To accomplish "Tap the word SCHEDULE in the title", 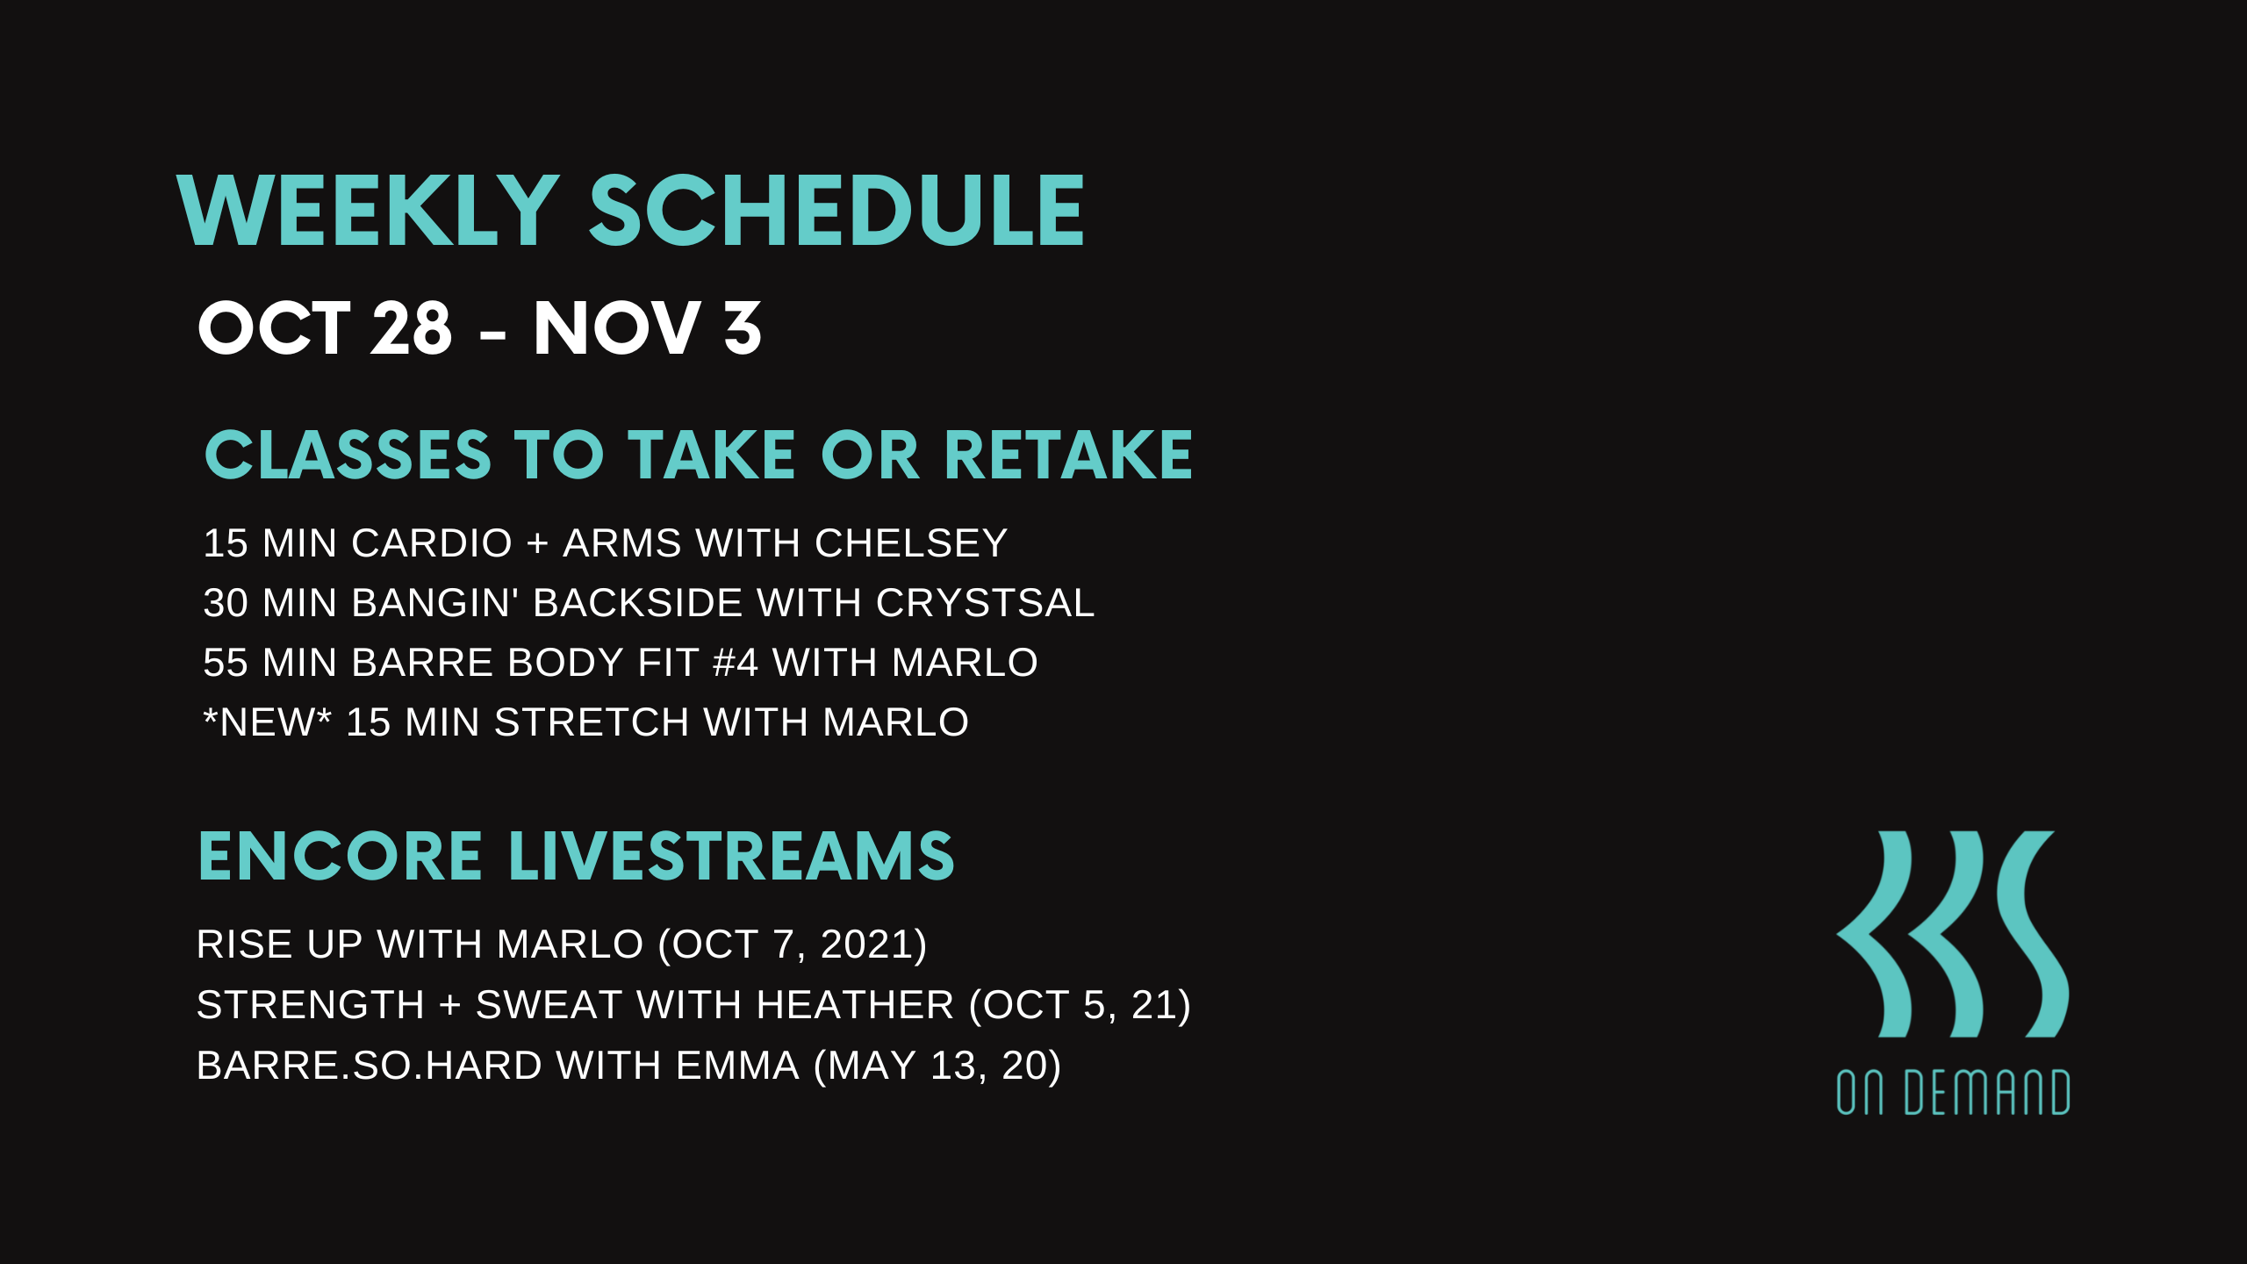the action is (837, 211).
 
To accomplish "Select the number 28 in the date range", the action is (412, 328).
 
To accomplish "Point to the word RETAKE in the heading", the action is (1068, 456).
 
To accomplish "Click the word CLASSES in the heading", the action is (348, 456).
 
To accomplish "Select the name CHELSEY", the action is (911, 543).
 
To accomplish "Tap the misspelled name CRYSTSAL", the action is (985, 603).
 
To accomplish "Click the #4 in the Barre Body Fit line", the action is (736, 663).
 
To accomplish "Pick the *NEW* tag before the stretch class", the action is (268, 722).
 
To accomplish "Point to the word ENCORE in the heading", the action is (341, 856).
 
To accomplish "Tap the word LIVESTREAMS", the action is (732, 856).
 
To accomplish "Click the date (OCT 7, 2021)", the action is (793, 944).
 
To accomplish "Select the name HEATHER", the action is (855, 1005).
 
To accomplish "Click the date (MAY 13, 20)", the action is (937, 1066).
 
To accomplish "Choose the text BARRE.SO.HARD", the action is (370, 1066).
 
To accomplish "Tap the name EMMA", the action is (737, 1066).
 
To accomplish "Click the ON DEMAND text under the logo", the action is (1953, 1093).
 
